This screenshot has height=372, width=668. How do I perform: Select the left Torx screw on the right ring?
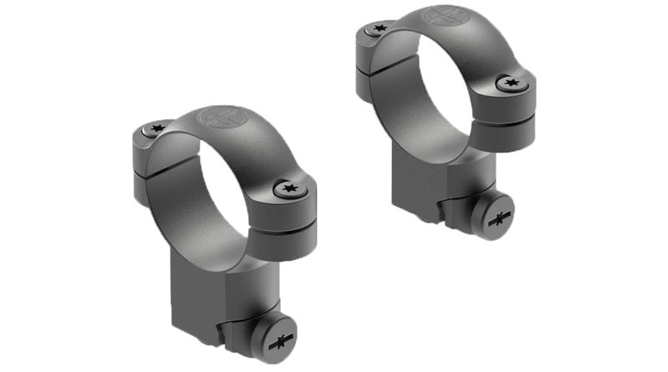(x=378, y=28)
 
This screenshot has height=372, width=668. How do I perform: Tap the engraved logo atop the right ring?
(x=441, y=18)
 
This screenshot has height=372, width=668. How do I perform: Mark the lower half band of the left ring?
(x=251, y=242)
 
